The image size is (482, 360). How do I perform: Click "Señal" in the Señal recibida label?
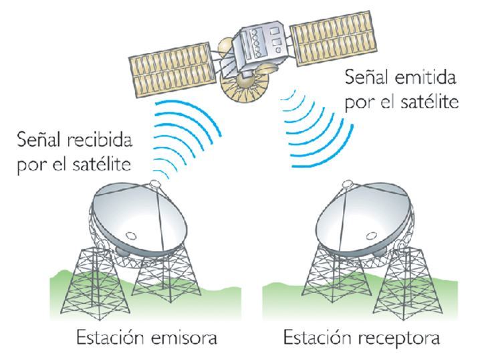[x=43, y=142]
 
